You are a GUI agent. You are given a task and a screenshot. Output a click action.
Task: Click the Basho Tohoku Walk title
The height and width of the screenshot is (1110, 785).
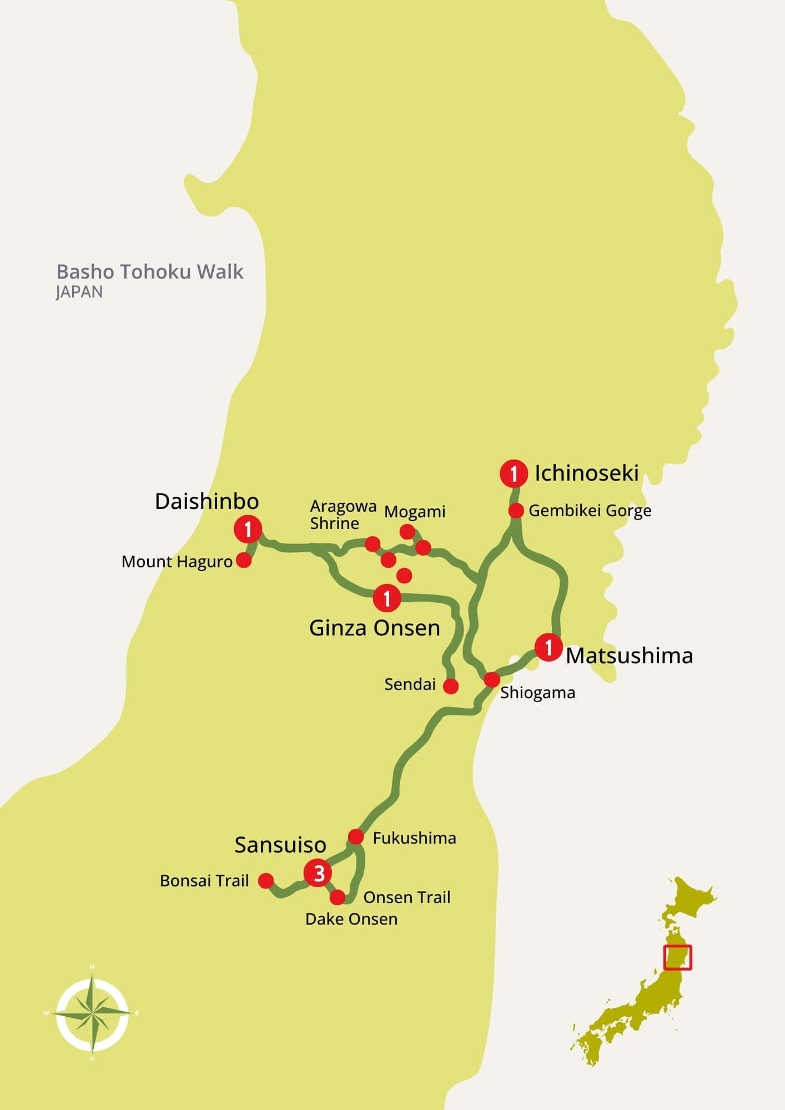tap(150, 272)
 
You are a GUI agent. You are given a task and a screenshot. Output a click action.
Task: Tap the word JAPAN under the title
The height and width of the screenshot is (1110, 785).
tap(79, 292)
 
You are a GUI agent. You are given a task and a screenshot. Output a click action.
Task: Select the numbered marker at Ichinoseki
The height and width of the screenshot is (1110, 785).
tap(514, 474)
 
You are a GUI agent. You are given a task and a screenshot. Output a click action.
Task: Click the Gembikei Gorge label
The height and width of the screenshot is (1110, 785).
tap(590, 511)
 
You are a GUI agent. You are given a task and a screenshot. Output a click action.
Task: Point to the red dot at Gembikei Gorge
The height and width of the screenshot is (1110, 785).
tap(516, 511)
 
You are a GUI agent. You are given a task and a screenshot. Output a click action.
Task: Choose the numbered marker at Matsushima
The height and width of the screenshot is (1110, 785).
tap(549, 647)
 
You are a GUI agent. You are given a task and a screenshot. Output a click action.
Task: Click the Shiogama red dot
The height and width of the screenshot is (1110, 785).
tap(492, 679)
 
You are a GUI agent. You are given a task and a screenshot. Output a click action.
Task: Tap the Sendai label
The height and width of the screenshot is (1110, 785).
tap(410, 684)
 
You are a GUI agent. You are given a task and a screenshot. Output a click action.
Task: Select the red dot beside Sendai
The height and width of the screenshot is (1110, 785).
tap(451, 687)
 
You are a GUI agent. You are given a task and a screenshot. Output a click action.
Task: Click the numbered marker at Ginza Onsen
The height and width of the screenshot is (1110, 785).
tap(387, 598)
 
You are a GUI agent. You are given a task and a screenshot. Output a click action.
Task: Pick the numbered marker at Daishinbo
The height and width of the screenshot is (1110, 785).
tap(248, 529)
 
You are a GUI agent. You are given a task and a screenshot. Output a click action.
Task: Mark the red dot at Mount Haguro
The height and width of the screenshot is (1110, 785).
tap(244, 561)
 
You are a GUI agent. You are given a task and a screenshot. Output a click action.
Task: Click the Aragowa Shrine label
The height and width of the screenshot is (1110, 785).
tap(342, 514)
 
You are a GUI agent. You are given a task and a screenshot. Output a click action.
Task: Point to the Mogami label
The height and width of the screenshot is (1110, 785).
tap(415, 511)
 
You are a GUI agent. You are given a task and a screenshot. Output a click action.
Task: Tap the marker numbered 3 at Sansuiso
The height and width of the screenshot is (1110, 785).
tap(318, 873)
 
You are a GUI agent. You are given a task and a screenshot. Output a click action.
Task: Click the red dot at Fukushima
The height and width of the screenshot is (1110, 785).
tap(356, 836)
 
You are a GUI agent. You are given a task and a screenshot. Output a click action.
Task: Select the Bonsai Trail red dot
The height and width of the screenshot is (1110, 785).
tap(266, 880)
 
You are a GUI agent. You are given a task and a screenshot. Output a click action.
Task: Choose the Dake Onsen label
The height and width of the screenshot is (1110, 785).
tap(351, 919)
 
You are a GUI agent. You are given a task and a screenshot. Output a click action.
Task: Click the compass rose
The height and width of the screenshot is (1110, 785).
tap(92, 1013)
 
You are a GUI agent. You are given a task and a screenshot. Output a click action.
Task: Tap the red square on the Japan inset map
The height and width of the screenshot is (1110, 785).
tap(677, 957)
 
